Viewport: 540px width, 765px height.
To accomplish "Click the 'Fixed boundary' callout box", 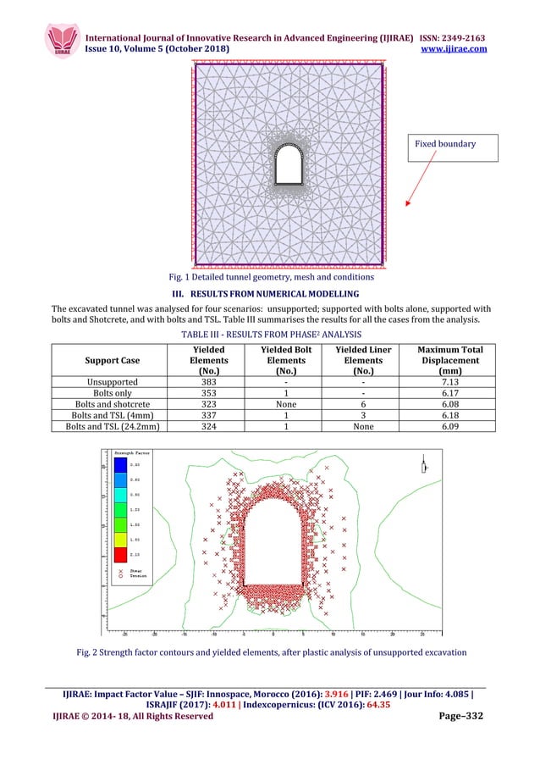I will pos(455,145).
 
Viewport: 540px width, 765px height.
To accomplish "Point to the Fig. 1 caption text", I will pos(271,277).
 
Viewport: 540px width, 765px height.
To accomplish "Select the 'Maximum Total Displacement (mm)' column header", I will pos(449,361).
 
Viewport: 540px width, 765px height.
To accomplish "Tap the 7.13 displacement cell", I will pos(449,382).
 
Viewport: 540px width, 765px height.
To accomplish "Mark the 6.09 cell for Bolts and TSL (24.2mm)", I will pos(449,430).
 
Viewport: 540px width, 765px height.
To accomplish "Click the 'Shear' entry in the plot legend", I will pos(133,572).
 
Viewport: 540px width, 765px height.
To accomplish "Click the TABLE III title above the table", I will pos(271,335).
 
